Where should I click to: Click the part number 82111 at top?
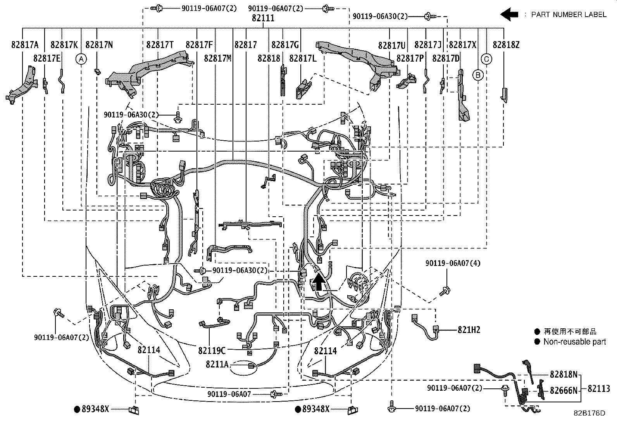tap(263, 18)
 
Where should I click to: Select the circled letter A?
tap(81, 59)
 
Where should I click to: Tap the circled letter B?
tap(478, 74)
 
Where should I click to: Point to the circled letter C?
tap(486, 59)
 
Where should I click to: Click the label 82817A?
tap(25, 45)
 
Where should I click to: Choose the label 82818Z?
tap(506, 45)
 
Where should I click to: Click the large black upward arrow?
tap(319, 281)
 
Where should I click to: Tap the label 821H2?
tap(469, 330)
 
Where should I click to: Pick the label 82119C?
tap(212, 351)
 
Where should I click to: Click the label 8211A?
tap(217, 364)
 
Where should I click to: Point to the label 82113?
tap(599, 388)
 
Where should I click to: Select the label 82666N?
tap(564, 391)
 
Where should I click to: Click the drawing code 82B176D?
tap(589, 413)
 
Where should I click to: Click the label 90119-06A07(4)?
tap(453, 263)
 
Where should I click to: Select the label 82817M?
tap(217, 59)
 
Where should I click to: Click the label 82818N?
tap(564, 374)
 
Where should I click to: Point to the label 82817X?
tap(462, 45)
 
